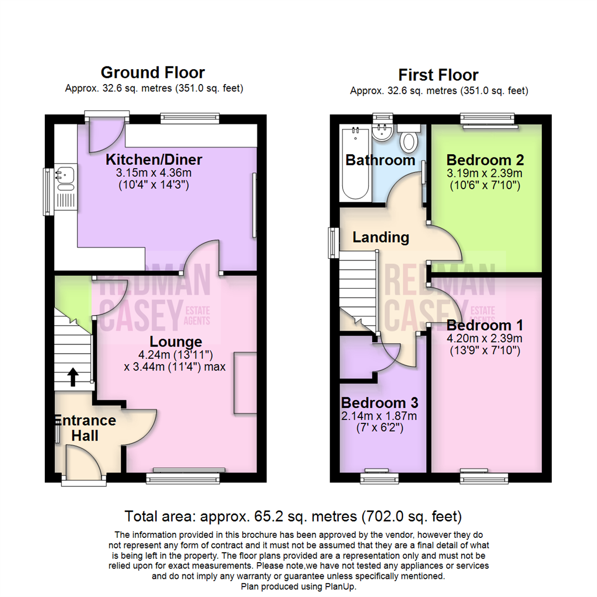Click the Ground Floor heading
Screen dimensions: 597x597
point(153,72)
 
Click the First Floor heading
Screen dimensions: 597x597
point(438,75)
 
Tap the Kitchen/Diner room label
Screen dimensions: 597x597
point(154,160)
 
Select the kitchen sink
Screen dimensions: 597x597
point(65,178)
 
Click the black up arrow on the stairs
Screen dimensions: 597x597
point(72,378)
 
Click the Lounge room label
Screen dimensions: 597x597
point(176,341)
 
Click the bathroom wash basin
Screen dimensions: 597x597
point(382,133)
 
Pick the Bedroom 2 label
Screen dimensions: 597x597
point(485,160)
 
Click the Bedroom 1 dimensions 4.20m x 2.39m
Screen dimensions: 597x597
point(484,338)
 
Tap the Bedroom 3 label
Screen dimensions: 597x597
point(379,402)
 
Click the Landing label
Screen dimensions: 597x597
point(381,238)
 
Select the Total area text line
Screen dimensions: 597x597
point(293,517)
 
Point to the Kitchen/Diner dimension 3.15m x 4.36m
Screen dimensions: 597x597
point(154,174)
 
